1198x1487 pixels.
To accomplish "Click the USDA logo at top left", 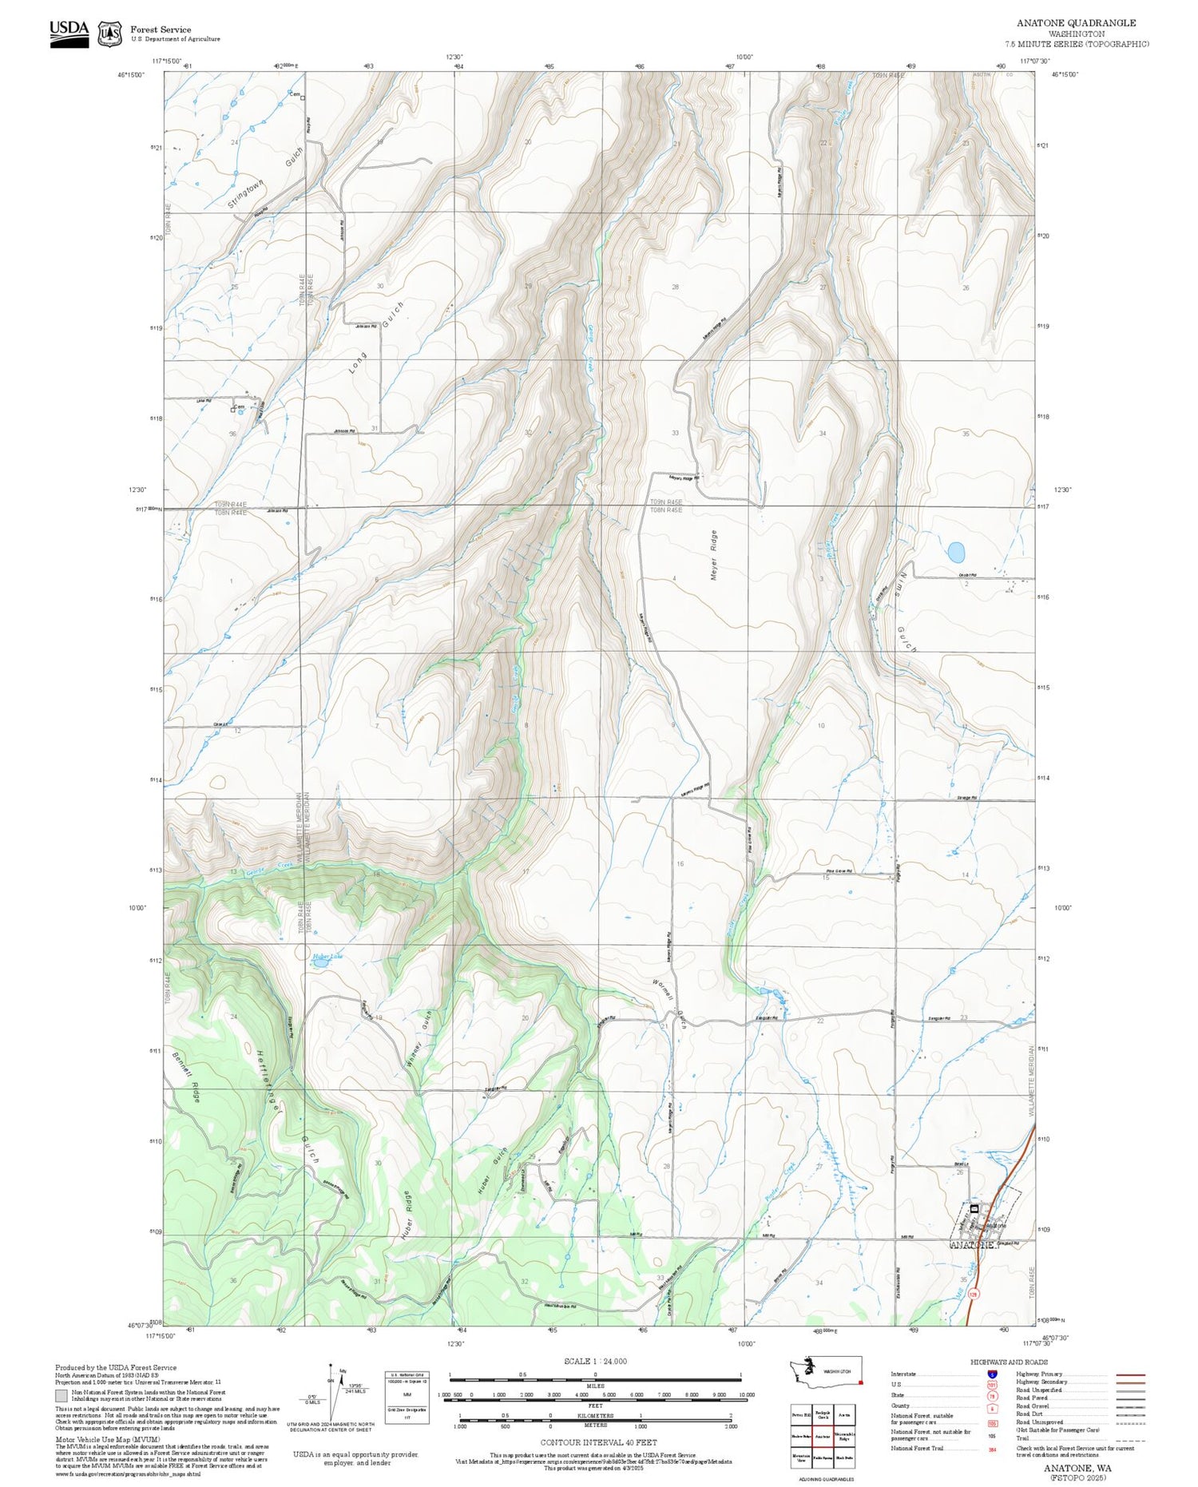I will point(69,33).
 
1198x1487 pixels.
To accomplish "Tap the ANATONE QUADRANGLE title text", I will point(1077,23).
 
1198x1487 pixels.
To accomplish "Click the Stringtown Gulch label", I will point(266,178).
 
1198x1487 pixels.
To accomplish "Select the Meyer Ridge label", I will point(714,555).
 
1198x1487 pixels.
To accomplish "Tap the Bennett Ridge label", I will point(185,1077).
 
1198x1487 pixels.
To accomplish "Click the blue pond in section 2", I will point(955,552).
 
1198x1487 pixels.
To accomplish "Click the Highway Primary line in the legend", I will point(1126,1375).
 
